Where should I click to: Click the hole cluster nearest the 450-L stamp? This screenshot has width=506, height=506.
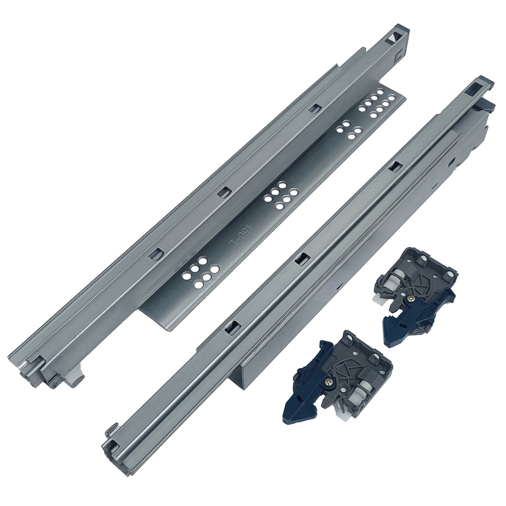pyautogui.click(x=200, y=272)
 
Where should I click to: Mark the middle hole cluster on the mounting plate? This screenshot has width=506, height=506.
pyautogui.click(x=281, y=195)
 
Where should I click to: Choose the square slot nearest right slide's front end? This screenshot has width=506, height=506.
pyautogui.click(x=233, y=327)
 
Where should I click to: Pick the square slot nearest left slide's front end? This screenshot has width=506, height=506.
pyautogui.click(x=156, y=254)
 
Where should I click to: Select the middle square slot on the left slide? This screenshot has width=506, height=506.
pyautogui.click(x=223, y=191)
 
